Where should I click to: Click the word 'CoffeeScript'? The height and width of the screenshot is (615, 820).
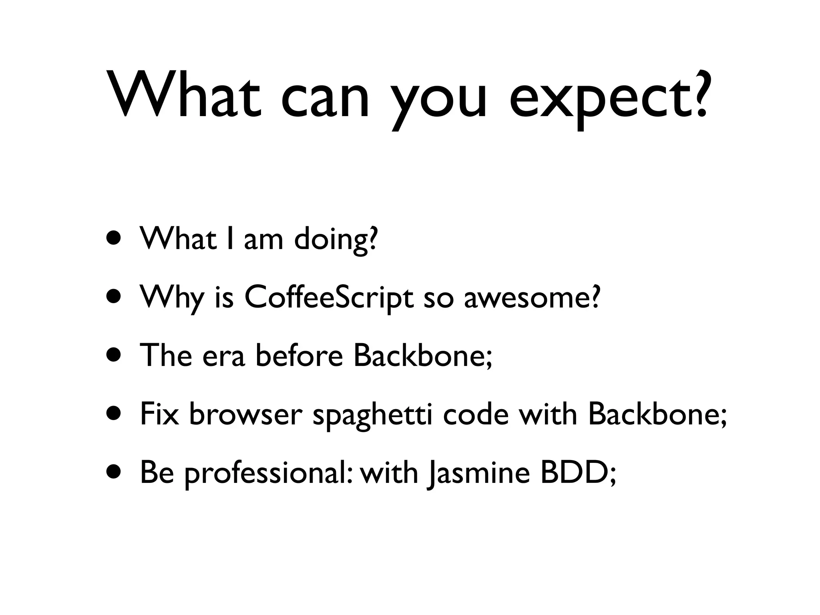point(328,298)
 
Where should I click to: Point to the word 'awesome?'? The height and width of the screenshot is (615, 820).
point(533,298)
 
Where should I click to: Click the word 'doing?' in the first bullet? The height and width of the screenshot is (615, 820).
point(336,239)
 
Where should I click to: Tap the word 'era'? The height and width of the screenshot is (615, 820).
point(223,356)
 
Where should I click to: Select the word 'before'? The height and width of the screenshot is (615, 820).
point(299,356)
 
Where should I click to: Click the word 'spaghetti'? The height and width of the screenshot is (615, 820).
point(372,415)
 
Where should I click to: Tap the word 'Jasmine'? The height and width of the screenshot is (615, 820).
point(479,474)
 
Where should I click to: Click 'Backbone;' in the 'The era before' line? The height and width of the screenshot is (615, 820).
point(422,356)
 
